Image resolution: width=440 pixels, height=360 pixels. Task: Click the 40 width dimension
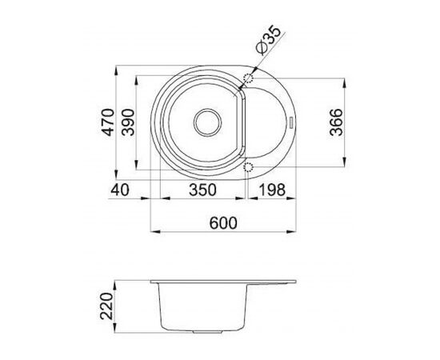(121, 190)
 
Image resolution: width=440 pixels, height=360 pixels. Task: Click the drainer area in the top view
(268, 123)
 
